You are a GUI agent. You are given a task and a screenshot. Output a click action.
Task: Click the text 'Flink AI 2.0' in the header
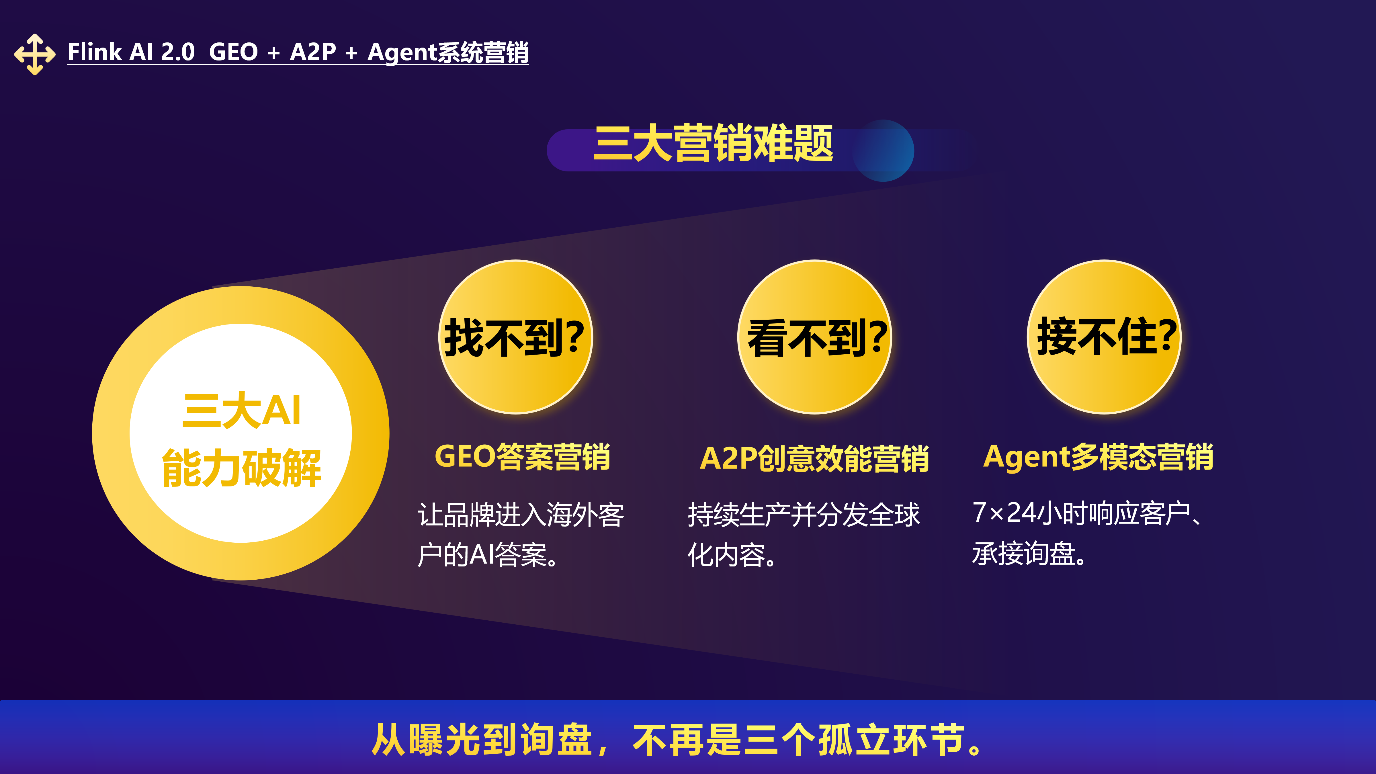[131, 52]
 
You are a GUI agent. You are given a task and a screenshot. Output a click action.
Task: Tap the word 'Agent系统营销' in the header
[448, 53]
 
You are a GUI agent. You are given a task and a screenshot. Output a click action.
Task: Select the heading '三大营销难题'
[713, 143]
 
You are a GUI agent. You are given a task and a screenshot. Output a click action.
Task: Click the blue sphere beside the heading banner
[884, 150]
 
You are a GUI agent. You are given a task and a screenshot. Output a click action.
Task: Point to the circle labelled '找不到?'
[515, 337]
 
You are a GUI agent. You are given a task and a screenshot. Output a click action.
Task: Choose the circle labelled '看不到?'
[815, 337]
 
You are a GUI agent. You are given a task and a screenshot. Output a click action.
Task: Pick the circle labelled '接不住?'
[1104, 337]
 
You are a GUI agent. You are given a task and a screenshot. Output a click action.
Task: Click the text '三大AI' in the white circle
[241, 410]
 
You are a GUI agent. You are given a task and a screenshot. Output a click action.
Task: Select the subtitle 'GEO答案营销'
[522, 457]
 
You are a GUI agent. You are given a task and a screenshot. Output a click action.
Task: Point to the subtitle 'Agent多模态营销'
[1098, 457]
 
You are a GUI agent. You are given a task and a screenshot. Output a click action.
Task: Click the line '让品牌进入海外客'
[521, 515]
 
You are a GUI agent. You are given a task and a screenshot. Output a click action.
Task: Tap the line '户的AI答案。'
[488, 554]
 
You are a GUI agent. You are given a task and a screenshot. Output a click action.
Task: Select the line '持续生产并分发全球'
[804, 515]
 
